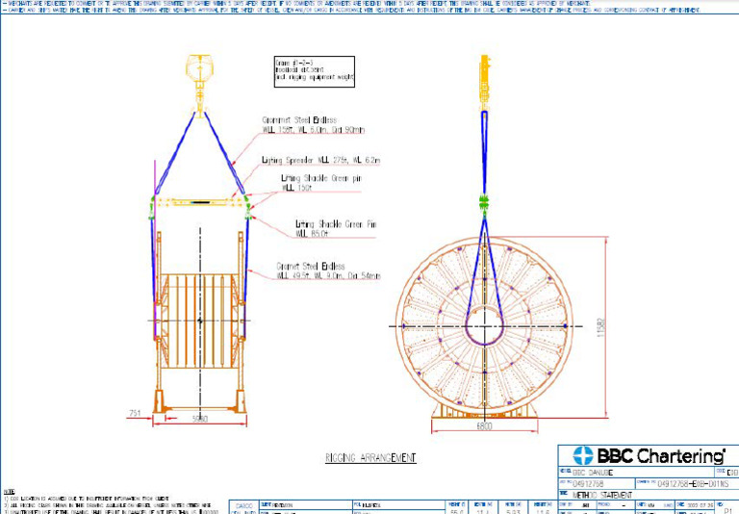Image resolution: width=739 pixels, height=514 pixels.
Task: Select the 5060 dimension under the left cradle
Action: (x=200, y=419)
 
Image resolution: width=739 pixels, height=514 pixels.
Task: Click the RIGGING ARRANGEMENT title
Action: (x=370, y=457)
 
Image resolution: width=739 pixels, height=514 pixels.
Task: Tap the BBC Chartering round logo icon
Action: (x=580, y=456)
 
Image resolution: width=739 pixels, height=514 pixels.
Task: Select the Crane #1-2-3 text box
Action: (x=315, y=70)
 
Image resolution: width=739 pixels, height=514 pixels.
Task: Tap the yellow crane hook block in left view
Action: (x=199, y=71)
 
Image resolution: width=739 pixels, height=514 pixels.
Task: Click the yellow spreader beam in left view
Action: (x=199, y=203)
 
